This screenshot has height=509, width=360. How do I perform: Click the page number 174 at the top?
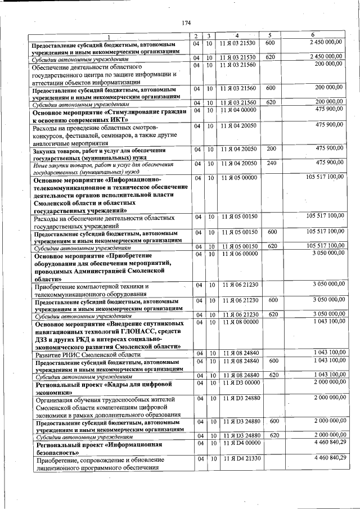tap(187, 22)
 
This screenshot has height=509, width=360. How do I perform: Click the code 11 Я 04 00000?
tap(238, 110)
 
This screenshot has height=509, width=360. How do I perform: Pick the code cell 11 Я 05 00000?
tap(238, 178)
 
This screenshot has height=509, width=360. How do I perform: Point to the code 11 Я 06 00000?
tap(238, 254)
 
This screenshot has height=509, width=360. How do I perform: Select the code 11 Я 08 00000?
tap(238, 322)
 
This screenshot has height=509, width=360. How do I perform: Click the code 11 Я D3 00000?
tap(238, 382)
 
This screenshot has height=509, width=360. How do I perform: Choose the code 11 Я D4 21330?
tap(238, 460)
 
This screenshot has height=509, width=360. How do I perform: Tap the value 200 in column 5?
tap(271, 148)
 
